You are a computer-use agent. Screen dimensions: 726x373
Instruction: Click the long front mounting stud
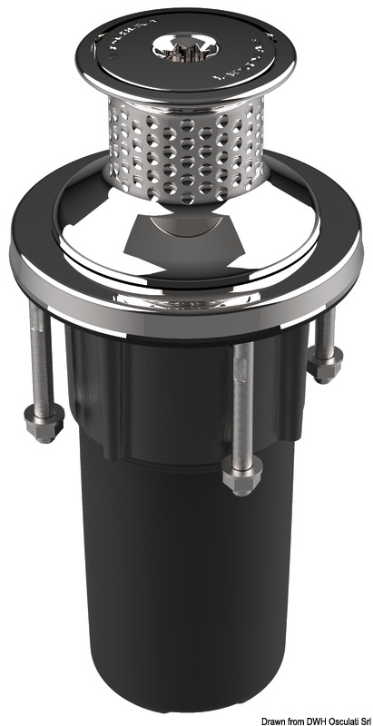(239, 408)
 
